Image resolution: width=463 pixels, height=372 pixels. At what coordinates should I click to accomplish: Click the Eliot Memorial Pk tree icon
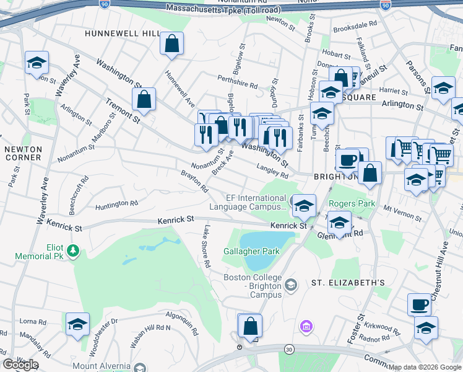(74, 250)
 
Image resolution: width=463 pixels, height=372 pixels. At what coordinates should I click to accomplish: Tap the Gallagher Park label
(252, 251)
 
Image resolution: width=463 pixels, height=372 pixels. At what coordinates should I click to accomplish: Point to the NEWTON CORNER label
(22, 154)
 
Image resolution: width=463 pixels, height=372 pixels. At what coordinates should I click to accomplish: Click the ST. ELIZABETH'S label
(348, 283)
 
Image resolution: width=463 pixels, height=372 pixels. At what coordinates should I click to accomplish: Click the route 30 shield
(289, 351)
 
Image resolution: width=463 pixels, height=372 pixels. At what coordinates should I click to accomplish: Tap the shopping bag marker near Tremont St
(144, 99)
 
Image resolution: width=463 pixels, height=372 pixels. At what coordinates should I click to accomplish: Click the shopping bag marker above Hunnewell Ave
(172, 44)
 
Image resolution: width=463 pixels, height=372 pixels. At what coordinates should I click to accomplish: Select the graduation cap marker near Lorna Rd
(77, 324)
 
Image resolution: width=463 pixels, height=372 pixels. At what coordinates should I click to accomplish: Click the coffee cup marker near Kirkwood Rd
(419, 305)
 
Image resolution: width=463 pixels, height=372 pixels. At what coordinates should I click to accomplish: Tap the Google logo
(20, 365)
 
